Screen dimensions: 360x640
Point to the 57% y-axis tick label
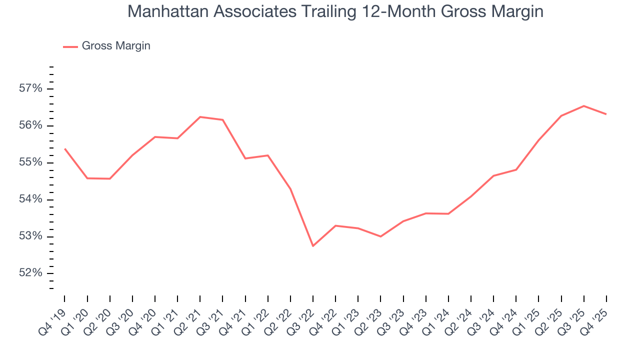(30, 89)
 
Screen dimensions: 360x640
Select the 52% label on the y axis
(30, 273)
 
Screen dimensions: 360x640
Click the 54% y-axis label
(30, 199)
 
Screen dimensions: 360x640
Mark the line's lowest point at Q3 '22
(313, 246)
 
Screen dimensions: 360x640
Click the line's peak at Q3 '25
(583, 106)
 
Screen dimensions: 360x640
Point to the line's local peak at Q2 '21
(200, 117)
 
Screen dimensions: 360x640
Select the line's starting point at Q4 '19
(65, 148)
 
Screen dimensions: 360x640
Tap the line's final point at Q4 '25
(606, 114)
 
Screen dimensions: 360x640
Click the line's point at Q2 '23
(380, 236)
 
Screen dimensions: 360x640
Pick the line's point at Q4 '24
(516, 169)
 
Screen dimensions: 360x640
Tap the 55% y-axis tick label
(30, 162)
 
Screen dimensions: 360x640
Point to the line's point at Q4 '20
(155, 136)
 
